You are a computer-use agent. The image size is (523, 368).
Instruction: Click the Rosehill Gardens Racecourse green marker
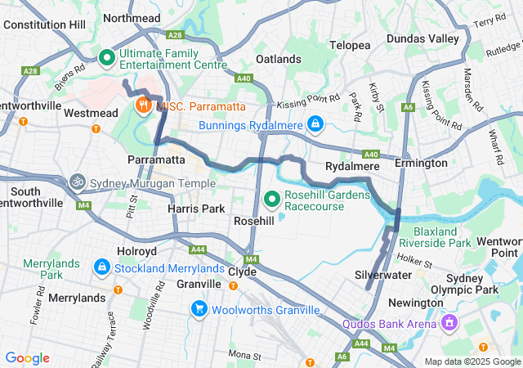pyautogui.click(x=273, y=198)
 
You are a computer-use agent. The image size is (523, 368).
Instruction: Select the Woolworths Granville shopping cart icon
pyautogui.click(x=199, y=309)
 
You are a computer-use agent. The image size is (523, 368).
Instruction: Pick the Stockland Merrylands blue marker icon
pyautogui.click(x=101, y=267)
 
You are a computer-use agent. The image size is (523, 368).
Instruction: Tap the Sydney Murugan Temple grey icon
pyautogui.click(x=78, y=182)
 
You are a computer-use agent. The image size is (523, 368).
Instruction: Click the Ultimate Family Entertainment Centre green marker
pyautogui.click(x=106, y=58)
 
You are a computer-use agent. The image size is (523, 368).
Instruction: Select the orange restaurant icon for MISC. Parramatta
pyautogui.click(x=143, y=105)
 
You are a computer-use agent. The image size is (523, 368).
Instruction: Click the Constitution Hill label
pyautogui.click(x=44, y=25)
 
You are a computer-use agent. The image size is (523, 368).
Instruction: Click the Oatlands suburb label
pyautogui.click(x=278, y=60)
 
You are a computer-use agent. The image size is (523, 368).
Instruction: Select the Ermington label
pyautogui.click(x=421, y=163)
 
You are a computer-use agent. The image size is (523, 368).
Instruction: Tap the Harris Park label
pyautogui.click(x=195, y=209)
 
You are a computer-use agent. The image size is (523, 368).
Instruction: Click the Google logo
pyautogui.click(x=27, y=358)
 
